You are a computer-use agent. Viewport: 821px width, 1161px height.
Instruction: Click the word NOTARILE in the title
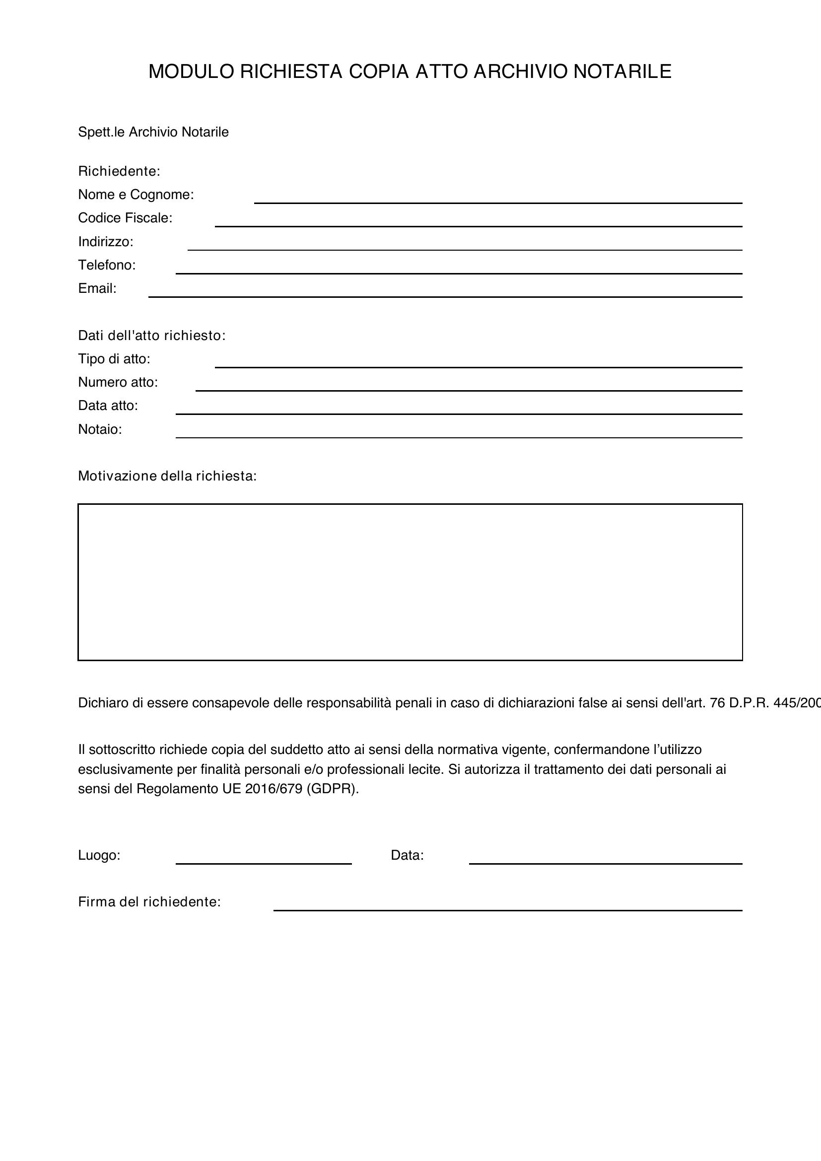tap(622, 72)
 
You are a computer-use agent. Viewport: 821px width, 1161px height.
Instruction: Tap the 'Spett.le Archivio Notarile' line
tap(153, 132)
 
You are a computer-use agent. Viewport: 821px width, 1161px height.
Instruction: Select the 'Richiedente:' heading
tap(119, 171)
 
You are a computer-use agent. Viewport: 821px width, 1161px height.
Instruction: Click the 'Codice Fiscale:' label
tap(125, 218)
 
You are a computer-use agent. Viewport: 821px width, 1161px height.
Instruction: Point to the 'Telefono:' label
tap(107, 265)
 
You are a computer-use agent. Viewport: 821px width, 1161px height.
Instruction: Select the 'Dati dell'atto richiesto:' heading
tap(152, 335)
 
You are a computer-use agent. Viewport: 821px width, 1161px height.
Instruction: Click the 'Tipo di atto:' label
tap(114, 359)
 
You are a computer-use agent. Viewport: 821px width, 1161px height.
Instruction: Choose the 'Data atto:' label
tap(108, 406)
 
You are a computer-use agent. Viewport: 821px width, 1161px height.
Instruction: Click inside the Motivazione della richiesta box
tap(410, 582)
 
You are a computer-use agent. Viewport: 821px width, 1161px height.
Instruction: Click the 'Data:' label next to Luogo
tap(407, 855)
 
